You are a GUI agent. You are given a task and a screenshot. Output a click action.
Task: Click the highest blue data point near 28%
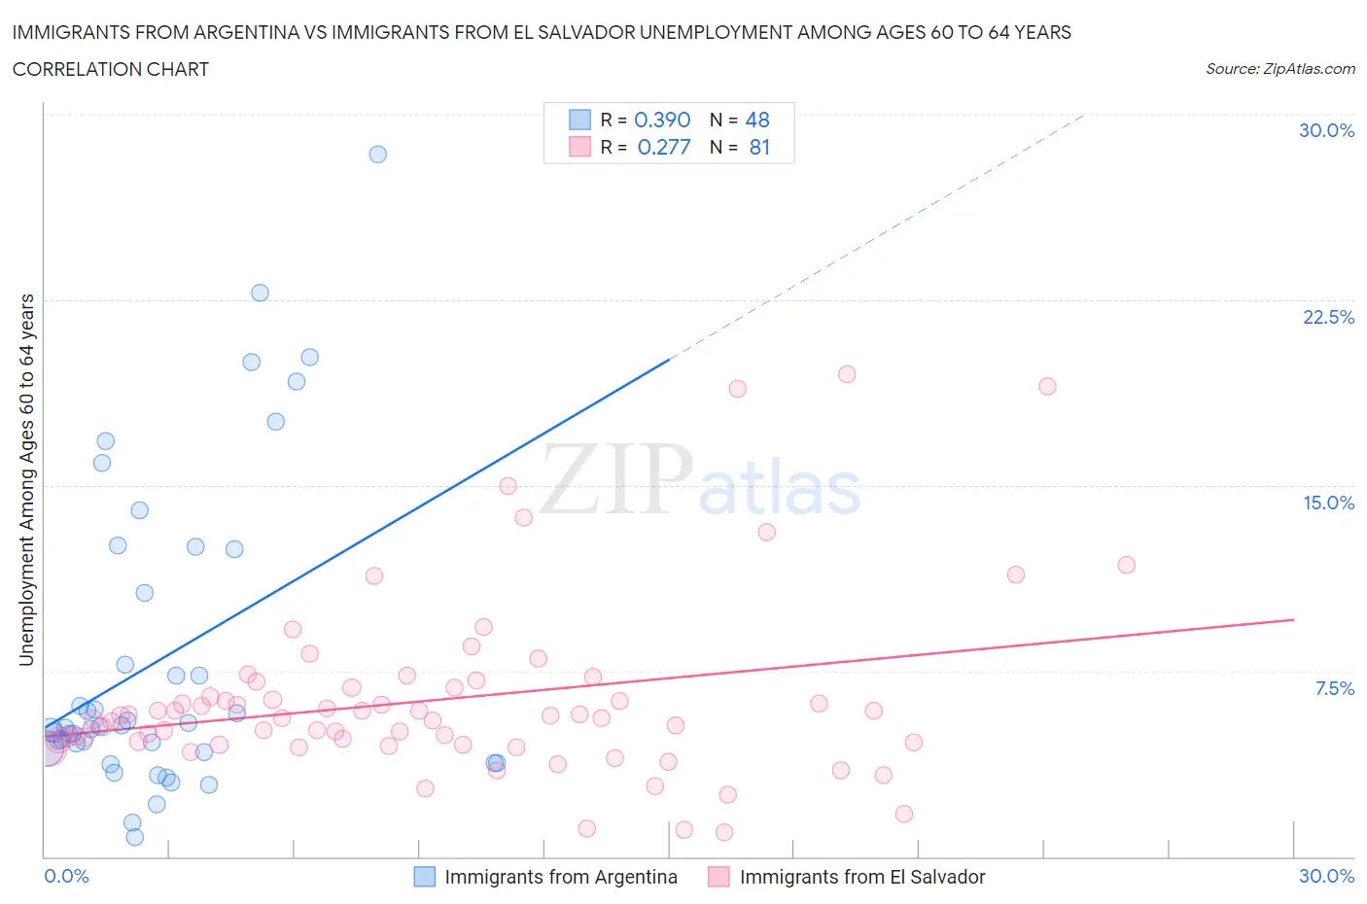pos(378,155)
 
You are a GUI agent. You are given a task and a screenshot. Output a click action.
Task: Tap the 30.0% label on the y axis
pos(1326,130)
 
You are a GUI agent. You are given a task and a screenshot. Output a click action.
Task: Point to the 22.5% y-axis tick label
pos(1328,317)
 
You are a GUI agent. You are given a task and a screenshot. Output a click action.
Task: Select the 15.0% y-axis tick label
pos(1328,503)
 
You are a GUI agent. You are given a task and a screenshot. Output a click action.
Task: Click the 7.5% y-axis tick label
pos(1334,688)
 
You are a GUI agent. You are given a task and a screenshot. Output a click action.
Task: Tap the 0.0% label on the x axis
pos(66,876)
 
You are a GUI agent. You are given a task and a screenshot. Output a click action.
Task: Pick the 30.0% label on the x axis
pos(1326,876)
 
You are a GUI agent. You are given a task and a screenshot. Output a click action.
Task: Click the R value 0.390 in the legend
pos(662,120)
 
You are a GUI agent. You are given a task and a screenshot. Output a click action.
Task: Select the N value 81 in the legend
pos(759,147)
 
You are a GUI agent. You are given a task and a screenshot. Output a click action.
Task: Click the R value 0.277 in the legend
pos(664,147)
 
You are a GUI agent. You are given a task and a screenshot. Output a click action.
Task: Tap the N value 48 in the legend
pos(757,120)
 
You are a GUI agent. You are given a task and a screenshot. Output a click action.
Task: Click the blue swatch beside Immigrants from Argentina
pos(425,877)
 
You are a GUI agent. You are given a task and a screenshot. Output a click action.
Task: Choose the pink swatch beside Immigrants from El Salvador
pos(719,877)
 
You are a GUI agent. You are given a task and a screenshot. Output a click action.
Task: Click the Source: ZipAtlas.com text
pos(1279,69)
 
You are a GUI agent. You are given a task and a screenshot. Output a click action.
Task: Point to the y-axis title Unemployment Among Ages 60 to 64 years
pos(27,480)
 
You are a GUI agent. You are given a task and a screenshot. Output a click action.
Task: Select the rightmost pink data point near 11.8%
pos(1127,565)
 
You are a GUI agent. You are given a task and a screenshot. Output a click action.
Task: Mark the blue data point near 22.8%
pos(260,293)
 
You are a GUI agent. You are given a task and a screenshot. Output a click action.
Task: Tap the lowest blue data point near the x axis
pos(135,837)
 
